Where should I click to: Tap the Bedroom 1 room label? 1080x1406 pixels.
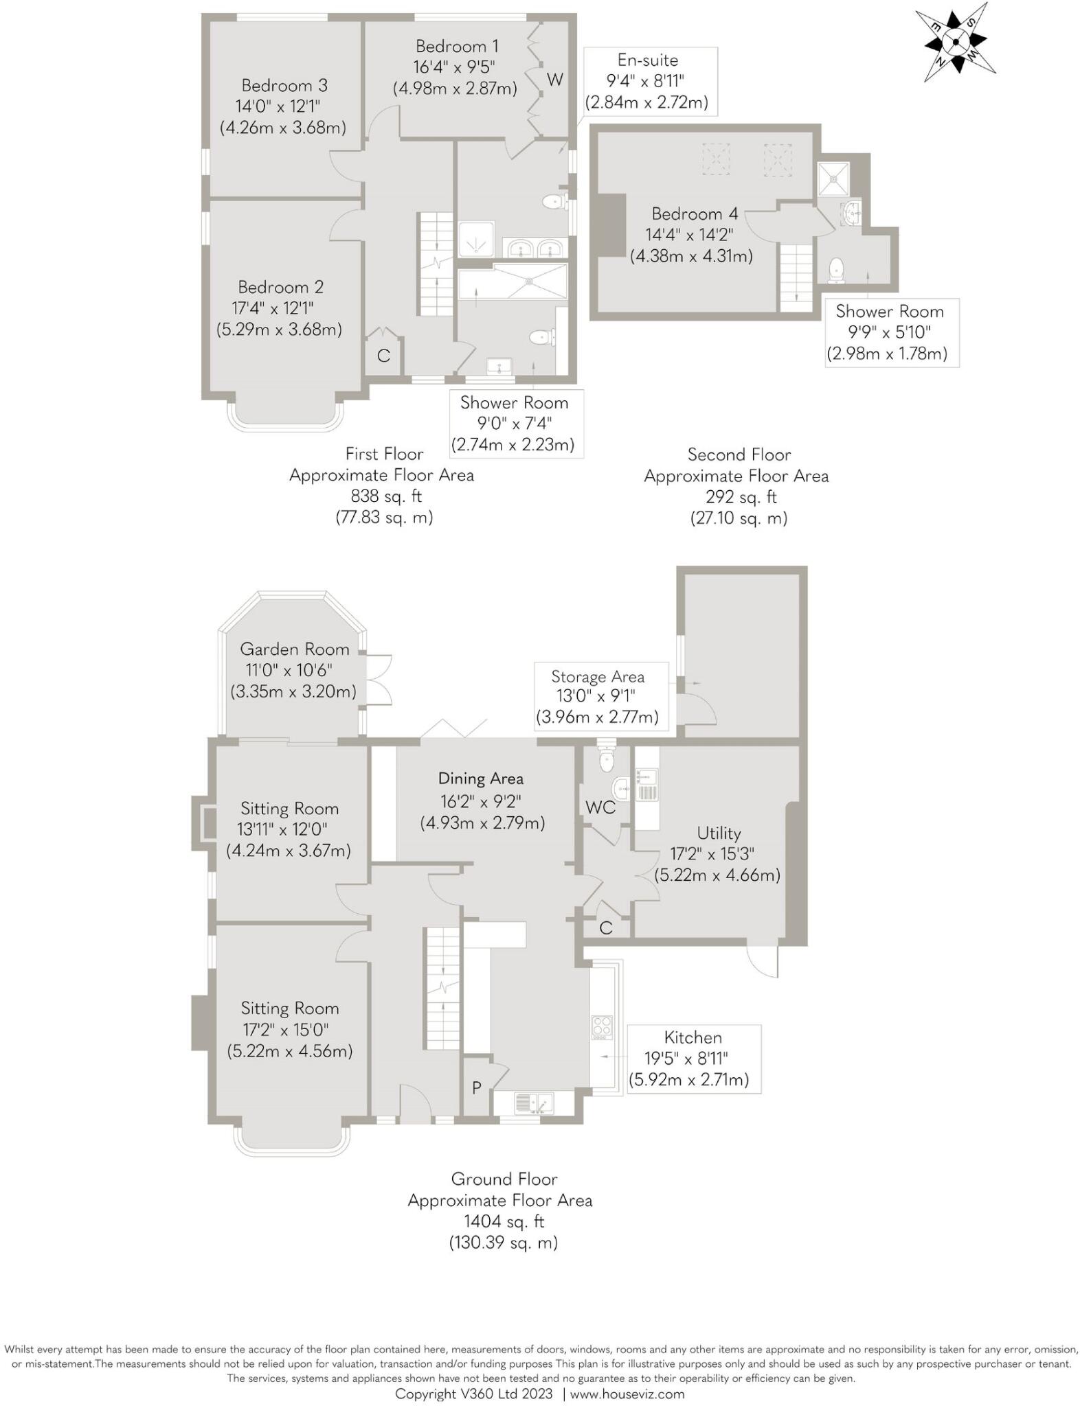(x=457, y=47)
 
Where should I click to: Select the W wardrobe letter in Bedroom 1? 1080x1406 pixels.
(x=554, y=80)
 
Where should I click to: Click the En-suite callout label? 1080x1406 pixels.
(x=647, y=60)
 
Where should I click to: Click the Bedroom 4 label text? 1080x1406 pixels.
(x=695, y=214)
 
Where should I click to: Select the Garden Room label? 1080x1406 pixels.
(x=294, y=649)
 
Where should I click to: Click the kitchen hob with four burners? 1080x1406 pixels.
(x=602, y=1026)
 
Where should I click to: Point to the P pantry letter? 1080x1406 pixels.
(x=475, y=1087)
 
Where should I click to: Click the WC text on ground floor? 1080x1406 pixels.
(x=600, y=807)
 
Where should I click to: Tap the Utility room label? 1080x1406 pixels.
(x=719, y=833)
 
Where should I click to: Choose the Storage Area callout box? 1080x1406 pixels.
(x=598, y=695)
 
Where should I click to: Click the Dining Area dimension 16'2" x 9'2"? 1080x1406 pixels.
(x=481, y=800)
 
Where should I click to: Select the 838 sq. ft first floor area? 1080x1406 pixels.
(x=385, y=496)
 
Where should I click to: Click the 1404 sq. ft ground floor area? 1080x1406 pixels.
(x=504, y=1221)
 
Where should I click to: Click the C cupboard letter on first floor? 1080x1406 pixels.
(x=383, y=356)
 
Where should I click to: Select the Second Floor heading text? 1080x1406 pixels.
(x=739, y=454)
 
